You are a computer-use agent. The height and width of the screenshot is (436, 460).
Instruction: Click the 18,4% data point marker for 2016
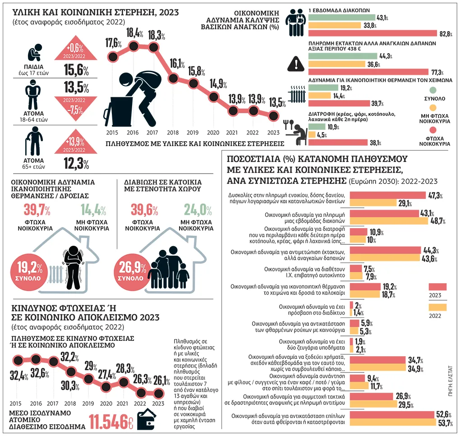click(x=133, y=46)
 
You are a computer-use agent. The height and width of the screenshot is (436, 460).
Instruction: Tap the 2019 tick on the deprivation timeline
click(x=193, y=133)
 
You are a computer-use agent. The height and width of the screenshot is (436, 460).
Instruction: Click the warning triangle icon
click(x=296, y=64)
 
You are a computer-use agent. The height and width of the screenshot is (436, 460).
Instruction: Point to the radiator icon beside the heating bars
click(x=297, y=94)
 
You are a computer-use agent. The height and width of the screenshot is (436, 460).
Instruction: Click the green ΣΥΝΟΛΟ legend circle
click(x=433, y=90)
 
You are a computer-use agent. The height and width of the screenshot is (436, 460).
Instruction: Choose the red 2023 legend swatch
click(x=437, y=286)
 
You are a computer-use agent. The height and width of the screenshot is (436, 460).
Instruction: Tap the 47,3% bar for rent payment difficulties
click(x=387, y=195)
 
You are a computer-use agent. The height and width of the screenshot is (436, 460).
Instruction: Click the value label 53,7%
click(x=445, y=423)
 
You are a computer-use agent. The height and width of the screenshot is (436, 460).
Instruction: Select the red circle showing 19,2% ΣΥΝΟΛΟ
click(x=29, y=272)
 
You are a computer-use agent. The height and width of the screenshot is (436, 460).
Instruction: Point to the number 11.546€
click(x=111, y=422)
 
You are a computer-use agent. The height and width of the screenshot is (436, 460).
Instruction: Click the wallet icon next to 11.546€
click(x=147, y=420)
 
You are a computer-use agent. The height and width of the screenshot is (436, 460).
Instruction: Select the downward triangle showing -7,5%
click(x=76, y=108)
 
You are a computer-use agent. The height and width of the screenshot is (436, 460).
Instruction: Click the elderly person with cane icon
click(x=34, y=141)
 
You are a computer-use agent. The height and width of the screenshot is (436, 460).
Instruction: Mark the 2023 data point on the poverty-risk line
click(x=159, y=393)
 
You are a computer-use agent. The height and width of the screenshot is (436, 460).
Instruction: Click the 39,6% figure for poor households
click(x=144, y=210)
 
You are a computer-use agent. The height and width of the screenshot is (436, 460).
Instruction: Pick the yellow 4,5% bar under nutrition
click(x=312, y=134)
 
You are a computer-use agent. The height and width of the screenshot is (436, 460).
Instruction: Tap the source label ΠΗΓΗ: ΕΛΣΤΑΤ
click(x=451, y=381)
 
